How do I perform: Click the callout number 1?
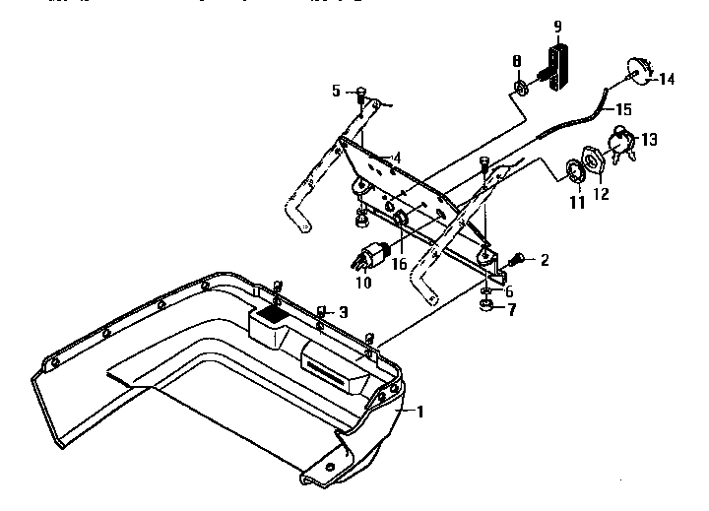click(420, 412)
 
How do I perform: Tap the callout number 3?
click(342, 312)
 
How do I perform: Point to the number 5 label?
click(336, 92)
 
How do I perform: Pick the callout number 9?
click(557, 26)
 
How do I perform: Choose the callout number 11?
click(577, 203)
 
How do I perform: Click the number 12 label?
click(601, 195)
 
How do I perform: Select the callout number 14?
click(668, 80)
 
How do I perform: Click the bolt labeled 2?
click(515, 260)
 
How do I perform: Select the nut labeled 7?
click(486, 308)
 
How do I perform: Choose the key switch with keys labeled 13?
click(624, 143)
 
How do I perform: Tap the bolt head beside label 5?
click(360, 92)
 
